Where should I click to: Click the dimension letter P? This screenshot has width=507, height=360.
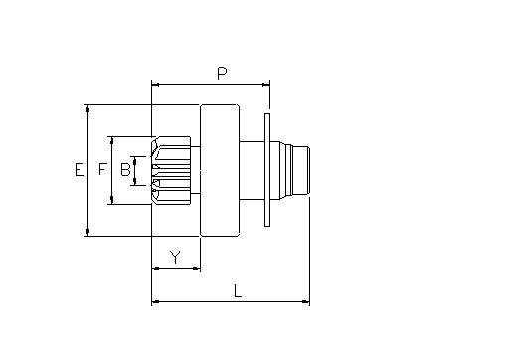coord(222,73)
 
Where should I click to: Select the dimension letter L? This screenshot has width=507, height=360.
coord(238,290)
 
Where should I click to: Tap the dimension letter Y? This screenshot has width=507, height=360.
coord(175,257)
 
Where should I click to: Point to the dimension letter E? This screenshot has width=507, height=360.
coord(79,169)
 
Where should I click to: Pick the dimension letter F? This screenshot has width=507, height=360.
coord(102,169)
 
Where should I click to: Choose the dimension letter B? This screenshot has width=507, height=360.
coord(125,169)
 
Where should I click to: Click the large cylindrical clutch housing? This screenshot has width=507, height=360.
coord(220,170)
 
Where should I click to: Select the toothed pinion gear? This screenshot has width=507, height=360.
coord(171,170)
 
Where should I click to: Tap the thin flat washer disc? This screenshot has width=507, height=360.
coord(267,170)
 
